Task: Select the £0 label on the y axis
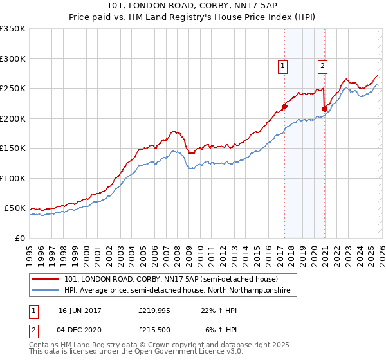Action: (x=19, y=238)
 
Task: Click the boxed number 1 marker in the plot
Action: (x=283, y=65)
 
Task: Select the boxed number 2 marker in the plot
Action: (x=322, y=65)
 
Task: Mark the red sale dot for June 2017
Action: (x=284, y=107)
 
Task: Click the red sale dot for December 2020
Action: (x=324, y=109)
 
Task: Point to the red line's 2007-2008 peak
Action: (x=174, y=130)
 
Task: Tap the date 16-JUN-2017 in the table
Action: (x=80, y=310)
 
